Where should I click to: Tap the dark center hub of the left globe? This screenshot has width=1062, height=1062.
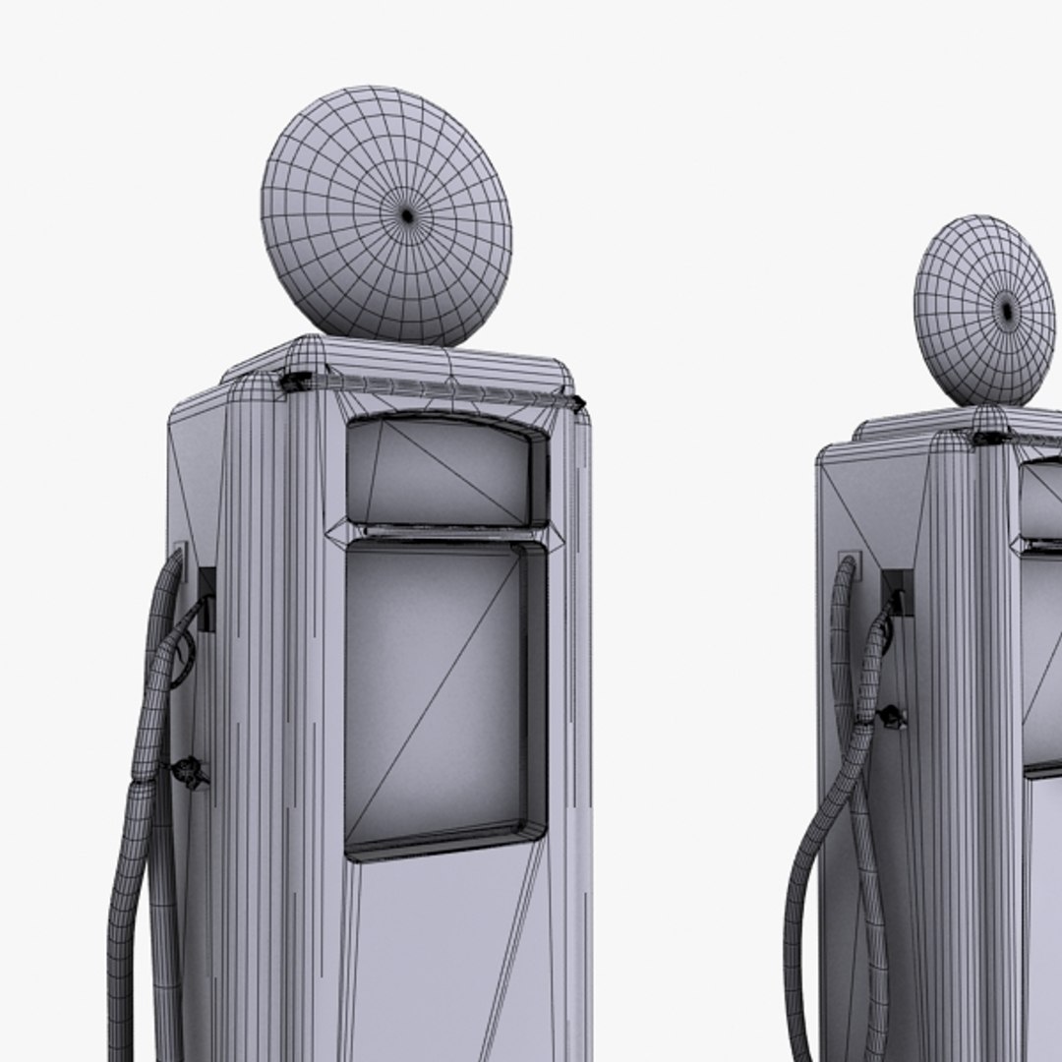[x=407, y=213]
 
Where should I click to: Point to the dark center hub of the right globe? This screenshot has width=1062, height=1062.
[x=1006, y=312]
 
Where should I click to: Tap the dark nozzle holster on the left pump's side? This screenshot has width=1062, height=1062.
[x=206, y=598]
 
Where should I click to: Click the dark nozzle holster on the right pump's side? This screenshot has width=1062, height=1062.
[x=897, y=591]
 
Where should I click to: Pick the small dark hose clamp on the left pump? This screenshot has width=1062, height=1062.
[x=190, y=772]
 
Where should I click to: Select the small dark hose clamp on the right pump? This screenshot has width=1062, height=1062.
[x=892, y=716]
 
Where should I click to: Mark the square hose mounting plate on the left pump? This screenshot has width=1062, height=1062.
[x=180, y=557]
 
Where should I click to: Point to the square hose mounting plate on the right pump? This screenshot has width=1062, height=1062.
[x=850, y=564]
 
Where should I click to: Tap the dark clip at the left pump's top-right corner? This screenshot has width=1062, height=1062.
[x=577, y=401]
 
